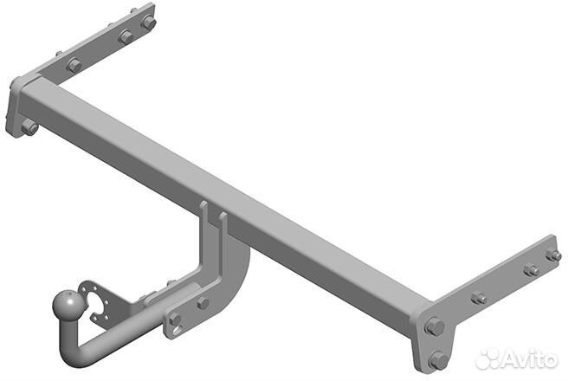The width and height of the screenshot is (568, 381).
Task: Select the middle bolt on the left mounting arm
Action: tap(126, 37)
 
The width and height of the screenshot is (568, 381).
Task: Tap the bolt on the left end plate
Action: tap(28, 126)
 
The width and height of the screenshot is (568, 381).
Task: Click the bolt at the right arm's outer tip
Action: tap(552, 255)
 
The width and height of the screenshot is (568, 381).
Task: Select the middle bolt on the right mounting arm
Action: tap(530, 270)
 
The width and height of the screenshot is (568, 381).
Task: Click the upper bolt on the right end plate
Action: tap(434, 326)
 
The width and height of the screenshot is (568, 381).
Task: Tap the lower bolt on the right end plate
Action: tap(437, 358)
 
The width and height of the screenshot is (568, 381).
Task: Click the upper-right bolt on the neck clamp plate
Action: tap(203, 302)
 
